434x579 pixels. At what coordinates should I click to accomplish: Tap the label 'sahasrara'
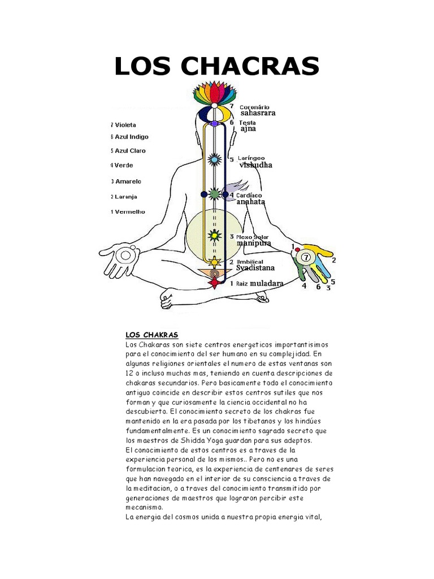click(x=258, y=113)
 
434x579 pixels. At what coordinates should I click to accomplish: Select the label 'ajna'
click(x=248, y=128)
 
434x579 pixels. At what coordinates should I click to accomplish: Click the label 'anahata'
click(x=251, y=202)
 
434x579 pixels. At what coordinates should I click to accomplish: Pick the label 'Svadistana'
click(x=255, y=268)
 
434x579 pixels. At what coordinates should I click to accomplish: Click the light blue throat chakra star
click(x=214, y=160)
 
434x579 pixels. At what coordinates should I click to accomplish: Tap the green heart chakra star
click(x=214, y=195)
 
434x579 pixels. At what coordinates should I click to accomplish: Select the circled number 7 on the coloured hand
click(x=306, y=258)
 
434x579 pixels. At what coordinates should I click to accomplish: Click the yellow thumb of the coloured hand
click(x=320, y=250)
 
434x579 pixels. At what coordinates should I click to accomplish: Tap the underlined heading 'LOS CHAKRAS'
click(x=152, y=335)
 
